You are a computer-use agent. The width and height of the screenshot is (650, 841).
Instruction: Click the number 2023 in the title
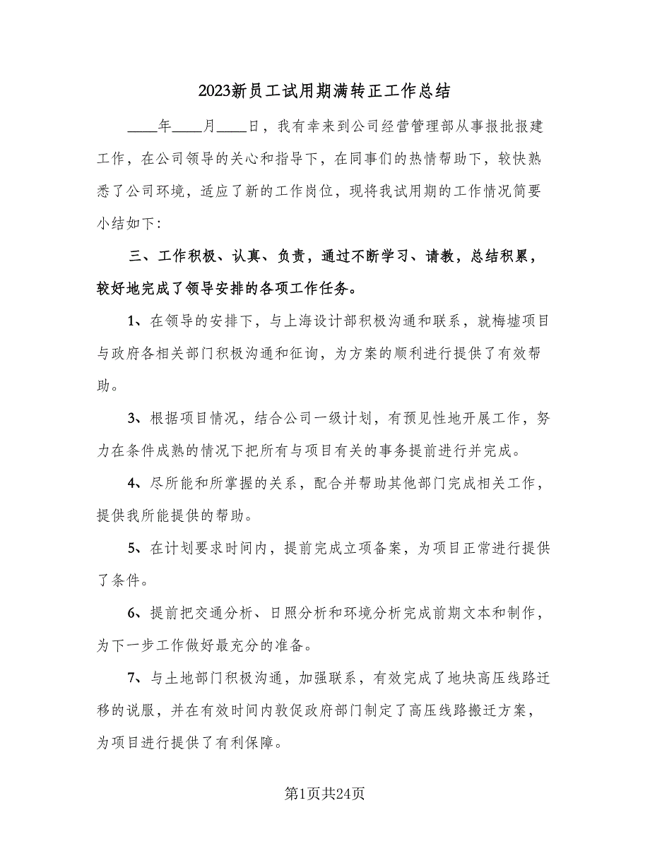[215, 91]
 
